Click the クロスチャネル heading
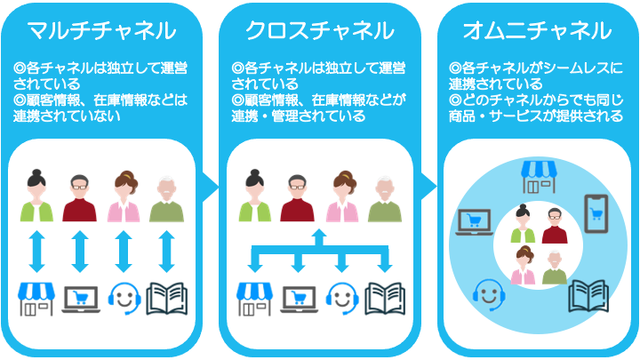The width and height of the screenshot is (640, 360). [319, 30]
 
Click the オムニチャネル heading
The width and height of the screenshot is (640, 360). [537, 30]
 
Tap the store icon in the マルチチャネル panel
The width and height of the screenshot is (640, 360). [37, 299]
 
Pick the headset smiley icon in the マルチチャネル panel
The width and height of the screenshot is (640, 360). [124, 299]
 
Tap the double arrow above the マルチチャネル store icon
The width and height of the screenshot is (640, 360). [37, 251]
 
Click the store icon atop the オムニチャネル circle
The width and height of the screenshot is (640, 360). [537, 174]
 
